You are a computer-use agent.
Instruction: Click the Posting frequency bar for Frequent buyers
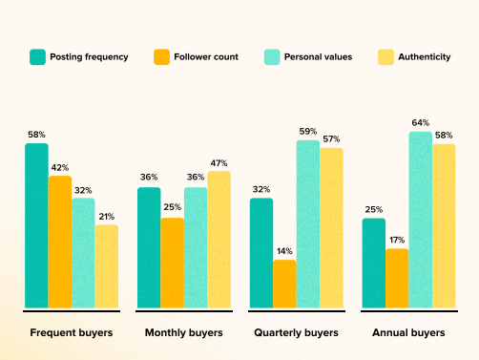tap(36, 225)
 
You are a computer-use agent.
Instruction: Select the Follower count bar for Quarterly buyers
tap(284, 284)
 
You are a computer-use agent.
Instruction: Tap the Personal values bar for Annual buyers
tap(421, 220)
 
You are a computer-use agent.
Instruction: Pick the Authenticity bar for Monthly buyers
tap(219, 240)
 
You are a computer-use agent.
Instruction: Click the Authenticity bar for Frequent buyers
tap(106, 266)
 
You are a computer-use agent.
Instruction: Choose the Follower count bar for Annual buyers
tap(397, 278)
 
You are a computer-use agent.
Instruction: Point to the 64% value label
tap(421, 123)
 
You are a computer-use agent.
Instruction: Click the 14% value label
tap(284, 251)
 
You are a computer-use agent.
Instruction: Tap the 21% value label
tap(106, 217)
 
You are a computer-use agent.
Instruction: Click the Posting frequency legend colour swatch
tap(38, 57)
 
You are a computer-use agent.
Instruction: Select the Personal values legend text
tap(317, 57)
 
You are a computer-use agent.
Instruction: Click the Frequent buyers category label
tap(72, 332)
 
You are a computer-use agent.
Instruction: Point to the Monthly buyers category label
tap(183, 332)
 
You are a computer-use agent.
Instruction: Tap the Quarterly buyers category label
tap(296, 332)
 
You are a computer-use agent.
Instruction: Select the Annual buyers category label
tap(408, 332)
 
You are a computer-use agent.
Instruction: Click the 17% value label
tap(397, 241)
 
